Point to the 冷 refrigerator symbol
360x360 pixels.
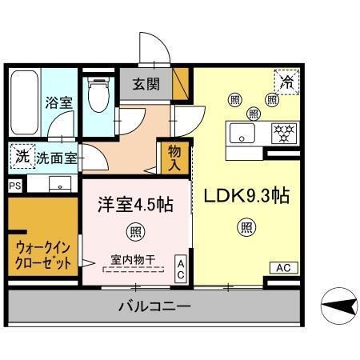click(286, 81)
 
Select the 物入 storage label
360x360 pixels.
click(175, 158)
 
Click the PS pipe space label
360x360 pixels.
click(14, 186)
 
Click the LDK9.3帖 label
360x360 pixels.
click(246, 196)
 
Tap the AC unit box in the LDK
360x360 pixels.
click(283, 267)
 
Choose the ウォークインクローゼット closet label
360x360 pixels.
click(42, 254)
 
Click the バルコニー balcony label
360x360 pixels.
click(154, 306)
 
